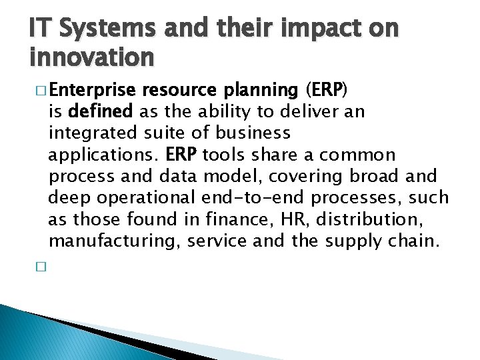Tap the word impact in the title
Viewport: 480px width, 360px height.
(311, 29)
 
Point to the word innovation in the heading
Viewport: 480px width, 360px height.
(92, 58)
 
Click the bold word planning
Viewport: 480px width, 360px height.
(257, 90)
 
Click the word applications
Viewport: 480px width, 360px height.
(103, 155)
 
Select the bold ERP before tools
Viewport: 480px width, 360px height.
(180, 155)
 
